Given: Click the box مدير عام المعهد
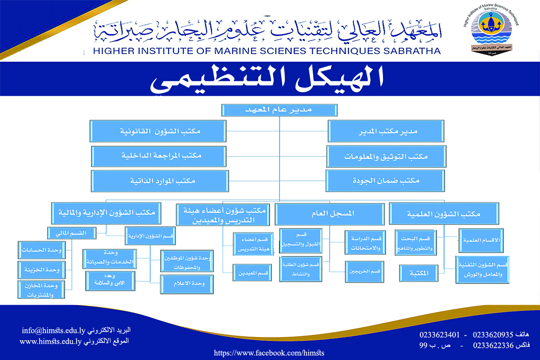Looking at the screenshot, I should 279,110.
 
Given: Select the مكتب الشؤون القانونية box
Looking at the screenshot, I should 157,131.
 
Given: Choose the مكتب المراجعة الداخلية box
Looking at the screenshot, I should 157,156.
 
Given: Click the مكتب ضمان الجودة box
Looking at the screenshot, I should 386,180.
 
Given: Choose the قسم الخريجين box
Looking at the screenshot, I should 364,272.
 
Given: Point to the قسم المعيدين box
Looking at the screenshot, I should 252,272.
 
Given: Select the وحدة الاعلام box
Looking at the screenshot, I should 188,283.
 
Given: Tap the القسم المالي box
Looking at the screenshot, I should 72,233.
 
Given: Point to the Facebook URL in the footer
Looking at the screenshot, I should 269,353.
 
